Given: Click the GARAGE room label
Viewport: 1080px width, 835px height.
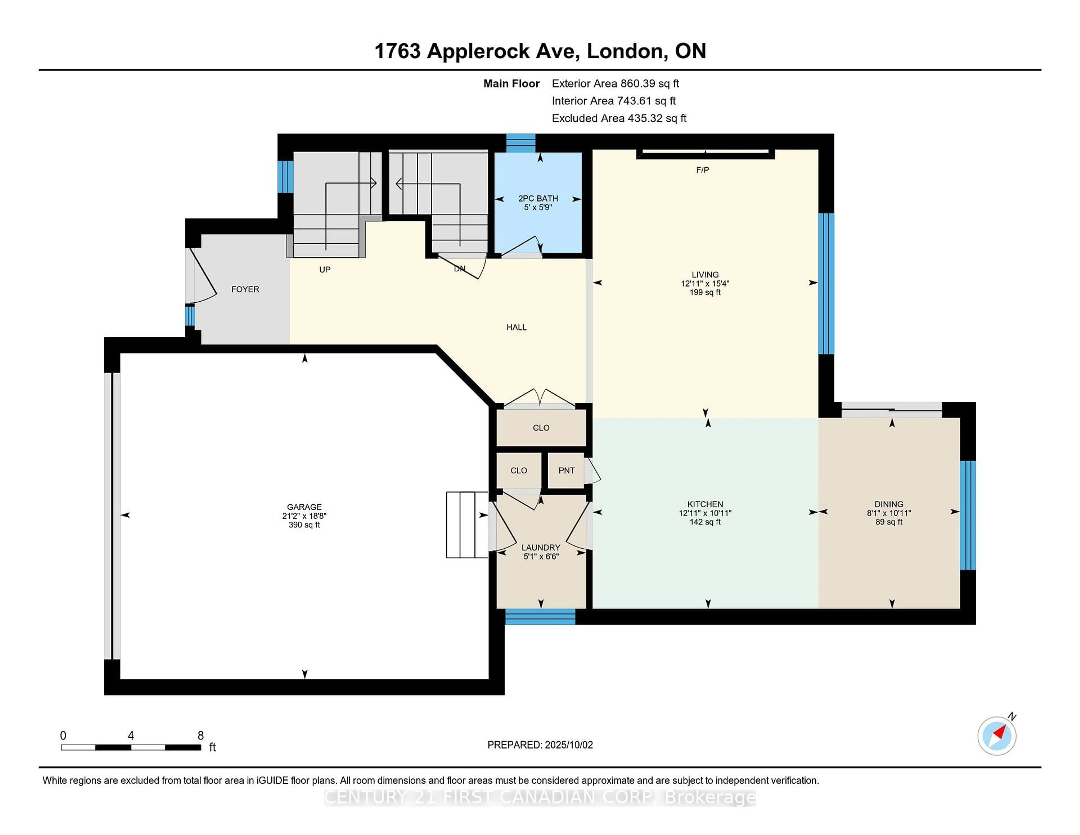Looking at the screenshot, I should click(x=304, y=506).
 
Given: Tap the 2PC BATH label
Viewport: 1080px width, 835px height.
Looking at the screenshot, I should click(x=538, y=198).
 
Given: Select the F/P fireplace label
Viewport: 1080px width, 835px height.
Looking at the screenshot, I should click(x=702, y=170).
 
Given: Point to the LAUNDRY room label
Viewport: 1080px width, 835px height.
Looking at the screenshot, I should click(x=541, y=547).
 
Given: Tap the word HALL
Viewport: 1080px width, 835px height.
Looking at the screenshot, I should click(x=516, y=327).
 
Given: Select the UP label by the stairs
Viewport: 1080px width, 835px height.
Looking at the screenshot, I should click(x=324, y=270).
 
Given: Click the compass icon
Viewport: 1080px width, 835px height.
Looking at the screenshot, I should click(x=996, y=736).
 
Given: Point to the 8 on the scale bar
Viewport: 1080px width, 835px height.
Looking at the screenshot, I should click(x=200, y=735).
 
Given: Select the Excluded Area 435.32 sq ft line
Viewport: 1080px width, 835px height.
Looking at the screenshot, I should click(x=619, y=118).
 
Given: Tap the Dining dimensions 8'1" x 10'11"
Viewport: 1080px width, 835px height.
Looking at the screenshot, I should click(x=889, y=513).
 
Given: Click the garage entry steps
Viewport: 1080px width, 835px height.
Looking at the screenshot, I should click(x=467, y=524).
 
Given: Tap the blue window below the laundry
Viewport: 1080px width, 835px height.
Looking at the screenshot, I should click(x=540, y=616).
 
